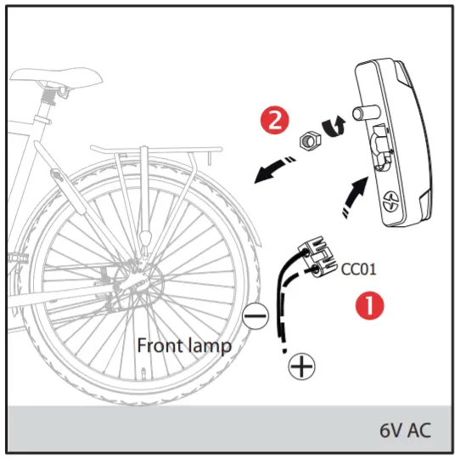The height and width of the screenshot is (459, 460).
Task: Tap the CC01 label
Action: tap(357, 273)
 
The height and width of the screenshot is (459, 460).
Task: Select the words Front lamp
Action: tap(184, 346)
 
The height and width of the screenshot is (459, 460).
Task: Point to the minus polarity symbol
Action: tap(255, 317)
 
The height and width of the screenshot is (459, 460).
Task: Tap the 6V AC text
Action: tap(404, 429)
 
